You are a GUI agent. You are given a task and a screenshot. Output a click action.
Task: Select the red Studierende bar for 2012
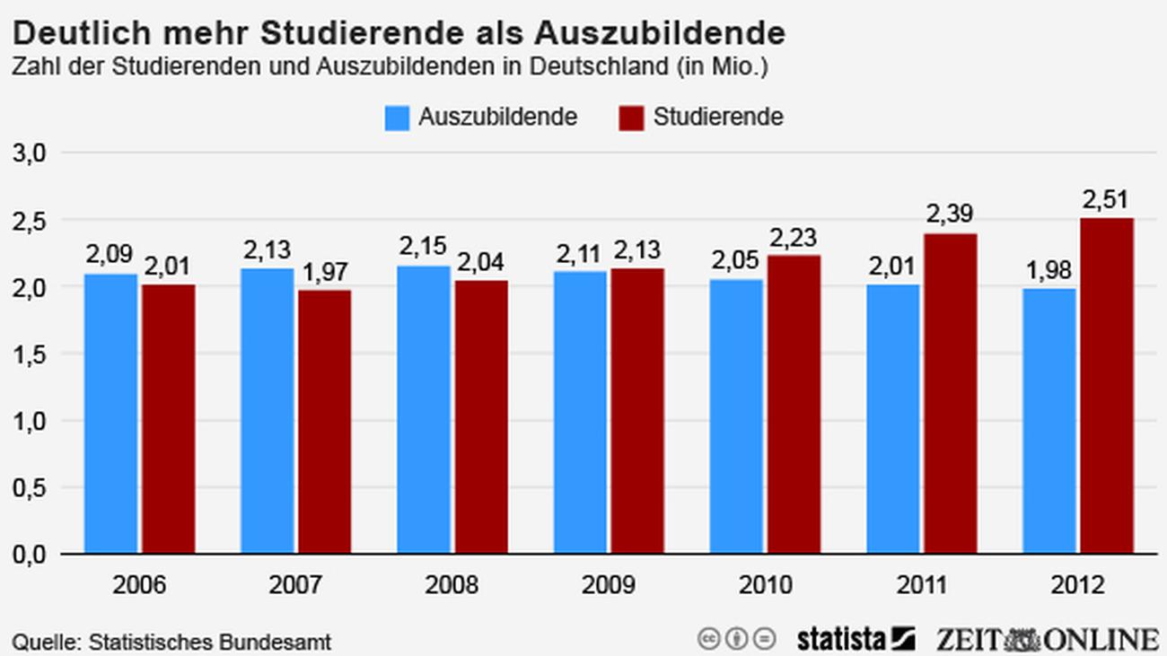click(1106, 386)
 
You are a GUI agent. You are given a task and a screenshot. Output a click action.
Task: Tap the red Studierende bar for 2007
click(325, 422)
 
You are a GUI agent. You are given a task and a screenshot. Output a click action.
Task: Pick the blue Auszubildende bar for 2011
click(892, 418)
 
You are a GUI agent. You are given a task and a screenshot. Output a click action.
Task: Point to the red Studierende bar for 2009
click(637, 411)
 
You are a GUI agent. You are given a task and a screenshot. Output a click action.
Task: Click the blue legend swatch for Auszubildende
click(397, 118)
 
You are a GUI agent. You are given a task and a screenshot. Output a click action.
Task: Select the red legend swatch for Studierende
click(631, 118)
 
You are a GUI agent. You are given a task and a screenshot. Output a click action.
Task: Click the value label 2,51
click(1105, 199)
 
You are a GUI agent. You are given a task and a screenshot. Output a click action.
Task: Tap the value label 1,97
click(325, 271)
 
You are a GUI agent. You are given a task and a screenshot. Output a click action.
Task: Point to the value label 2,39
click(950, 214)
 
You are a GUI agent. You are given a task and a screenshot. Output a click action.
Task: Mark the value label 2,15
click(423, 247)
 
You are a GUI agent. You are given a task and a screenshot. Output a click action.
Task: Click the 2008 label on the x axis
click(452, 586)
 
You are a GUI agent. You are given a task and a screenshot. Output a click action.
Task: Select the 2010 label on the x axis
click(765, 586)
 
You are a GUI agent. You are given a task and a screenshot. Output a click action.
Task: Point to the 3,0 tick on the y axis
click(30, 153)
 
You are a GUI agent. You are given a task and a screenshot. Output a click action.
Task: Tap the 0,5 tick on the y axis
click(30, 488)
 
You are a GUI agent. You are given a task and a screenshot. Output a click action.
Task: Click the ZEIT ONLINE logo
click(1047, 639)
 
